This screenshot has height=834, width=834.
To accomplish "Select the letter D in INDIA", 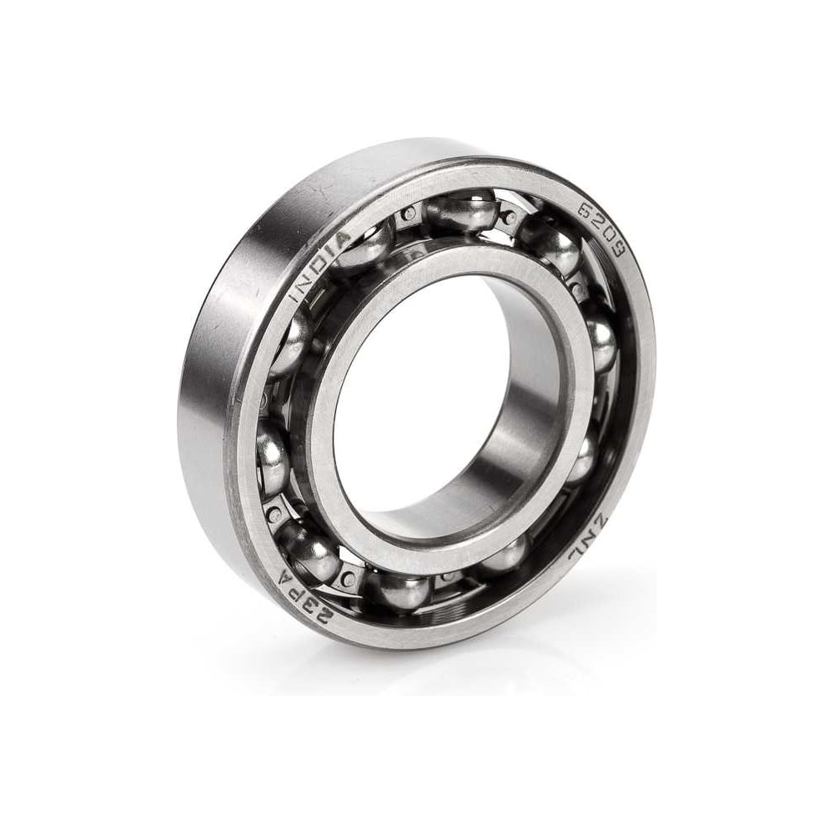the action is pos(318,266).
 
